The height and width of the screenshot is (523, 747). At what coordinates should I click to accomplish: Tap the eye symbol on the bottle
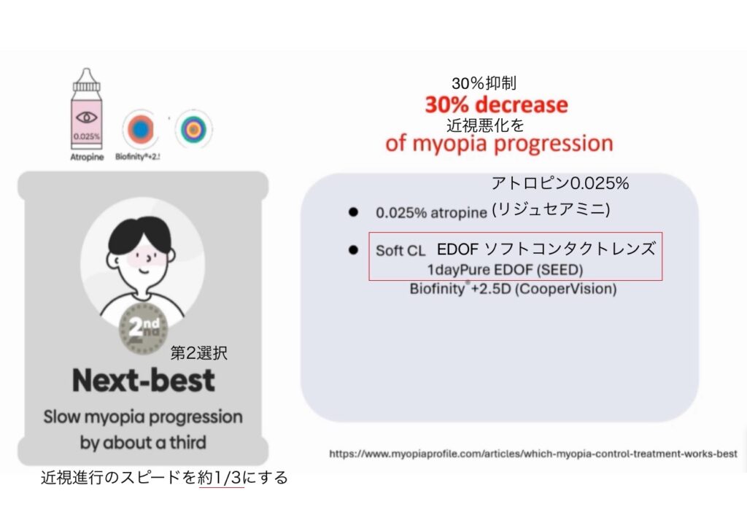86,117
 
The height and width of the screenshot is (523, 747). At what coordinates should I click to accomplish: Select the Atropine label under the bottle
87,157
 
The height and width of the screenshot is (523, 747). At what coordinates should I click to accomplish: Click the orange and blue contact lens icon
140,129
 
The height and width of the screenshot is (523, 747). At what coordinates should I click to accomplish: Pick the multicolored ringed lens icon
193,128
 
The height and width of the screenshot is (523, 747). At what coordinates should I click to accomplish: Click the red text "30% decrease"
496,104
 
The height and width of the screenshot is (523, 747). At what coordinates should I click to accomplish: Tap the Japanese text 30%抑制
484,83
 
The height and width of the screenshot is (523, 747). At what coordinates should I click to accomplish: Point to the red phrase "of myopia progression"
499,144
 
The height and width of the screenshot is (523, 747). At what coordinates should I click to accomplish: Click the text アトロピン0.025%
560,183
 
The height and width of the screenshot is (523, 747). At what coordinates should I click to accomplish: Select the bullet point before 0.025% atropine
353,212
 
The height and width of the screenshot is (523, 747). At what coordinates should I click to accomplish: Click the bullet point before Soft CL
353,249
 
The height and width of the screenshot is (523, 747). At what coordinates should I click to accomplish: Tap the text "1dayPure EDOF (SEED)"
505,270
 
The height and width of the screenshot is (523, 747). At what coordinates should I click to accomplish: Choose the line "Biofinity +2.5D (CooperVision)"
513,289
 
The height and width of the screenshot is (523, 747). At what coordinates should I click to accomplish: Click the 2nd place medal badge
143,328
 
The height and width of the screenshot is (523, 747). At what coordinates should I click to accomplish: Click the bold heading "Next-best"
144,380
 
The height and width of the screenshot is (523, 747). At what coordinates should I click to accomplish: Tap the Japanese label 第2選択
198,353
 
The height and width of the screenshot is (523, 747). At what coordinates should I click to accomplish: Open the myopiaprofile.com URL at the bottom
533,454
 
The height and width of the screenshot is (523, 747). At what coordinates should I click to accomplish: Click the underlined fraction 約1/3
222,477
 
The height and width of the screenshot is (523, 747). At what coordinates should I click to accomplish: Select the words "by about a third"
143,443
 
